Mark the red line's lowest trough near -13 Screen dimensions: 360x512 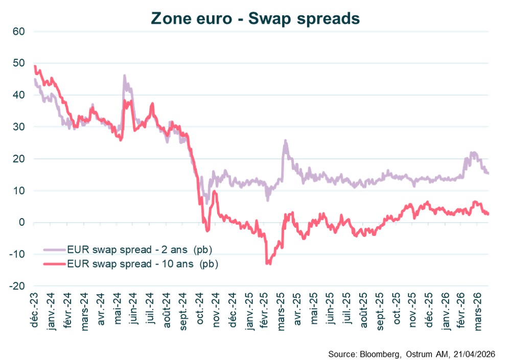coord(267,263)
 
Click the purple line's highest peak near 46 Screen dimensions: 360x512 coord(124,76)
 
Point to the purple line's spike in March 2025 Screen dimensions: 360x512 coord(285,141)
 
